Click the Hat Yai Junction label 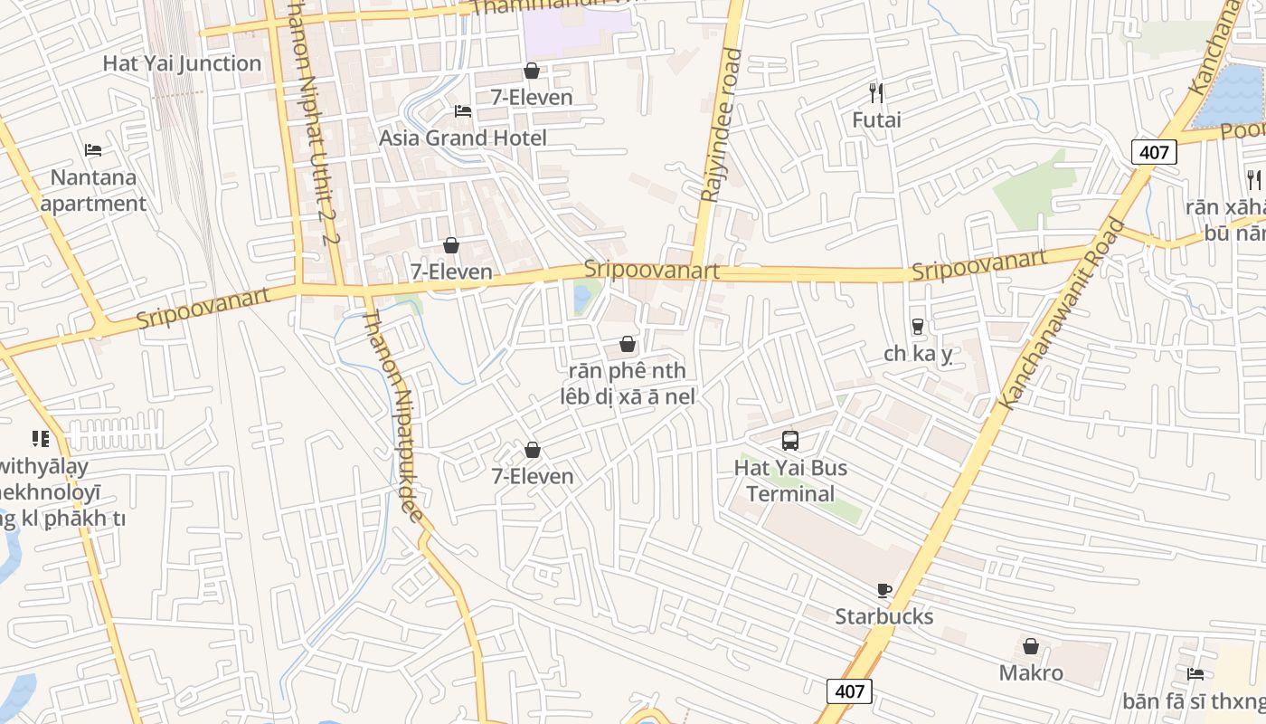tap(182, 63)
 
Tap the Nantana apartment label tap(93, 190)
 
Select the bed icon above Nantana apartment tap(93, 150)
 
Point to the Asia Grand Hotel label tap(463, 138)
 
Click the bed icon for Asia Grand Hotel tap(463, 111)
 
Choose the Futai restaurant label tap(876, 119)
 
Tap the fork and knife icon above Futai tap(875, 92)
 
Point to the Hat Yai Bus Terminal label tap(790, 481)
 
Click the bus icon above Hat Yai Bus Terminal tap(790, 441)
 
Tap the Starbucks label tap(883, 617)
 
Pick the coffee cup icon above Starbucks tap(884, 591)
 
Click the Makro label tap(1031, 673)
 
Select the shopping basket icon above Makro tap(1031, 646)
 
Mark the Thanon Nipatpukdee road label tap(393, 416)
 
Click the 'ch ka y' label tap(918, 354)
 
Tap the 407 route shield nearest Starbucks tap(849, 691)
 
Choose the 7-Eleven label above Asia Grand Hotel tap(532, 98)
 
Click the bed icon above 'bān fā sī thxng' tap(1195, 674)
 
